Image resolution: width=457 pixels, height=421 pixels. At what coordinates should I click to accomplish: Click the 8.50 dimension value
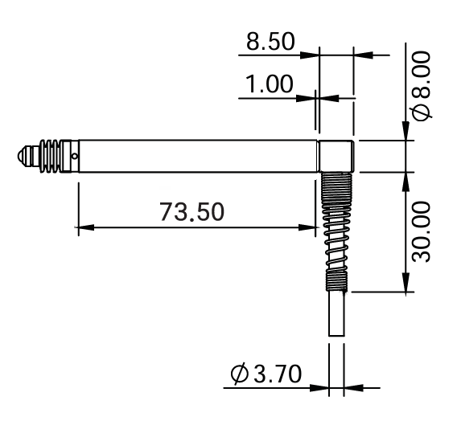click(x=270, y=42)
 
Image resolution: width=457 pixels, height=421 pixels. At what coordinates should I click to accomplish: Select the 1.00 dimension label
click(x=270, y=84)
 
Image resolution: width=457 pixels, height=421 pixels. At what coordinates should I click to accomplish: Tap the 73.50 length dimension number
click(x=192, y=211)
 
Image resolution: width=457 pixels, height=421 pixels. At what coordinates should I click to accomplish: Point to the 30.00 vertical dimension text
click(x=421, y=231)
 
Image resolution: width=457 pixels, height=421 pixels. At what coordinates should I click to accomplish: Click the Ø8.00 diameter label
click(x=420, y=86)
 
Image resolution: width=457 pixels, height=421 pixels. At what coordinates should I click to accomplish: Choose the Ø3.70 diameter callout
click(x=266, y=374)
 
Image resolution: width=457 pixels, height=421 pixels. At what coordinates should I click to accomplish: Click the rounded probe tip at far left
click(x=24, y=156)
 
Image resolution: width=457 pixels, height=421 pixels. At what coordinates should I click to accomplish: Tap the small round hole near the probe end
click(x=75, y=156)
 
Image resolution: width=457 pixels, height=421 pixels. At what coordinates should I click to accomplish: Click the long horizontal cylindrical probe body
click(x=198, y=156)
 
